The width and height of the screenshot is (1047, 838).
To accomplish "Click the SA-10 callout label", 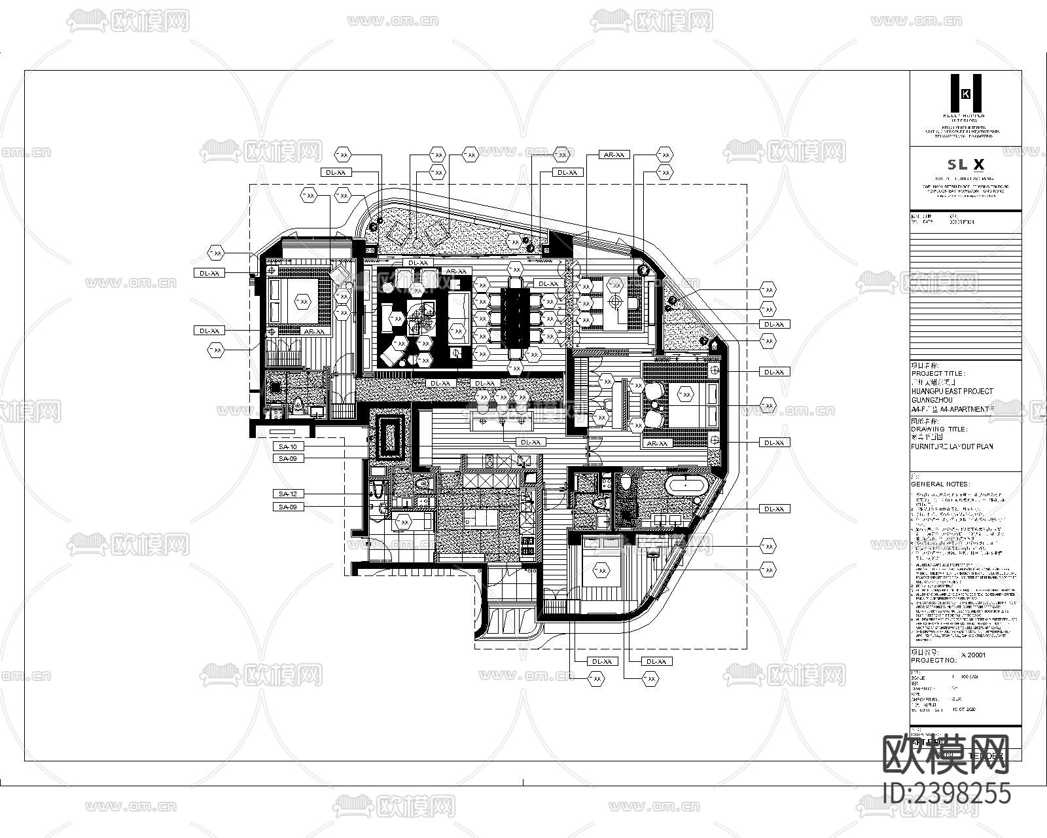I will tap(288, 446).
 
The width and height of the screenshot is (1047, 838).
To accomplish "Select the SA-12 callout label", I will tap(288, 494).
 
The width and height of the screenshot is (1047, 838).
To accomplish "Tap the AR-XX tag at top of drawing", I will tap(615, 155).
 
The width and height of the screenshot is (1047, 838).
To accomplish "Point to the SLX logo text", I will tap(966, 165).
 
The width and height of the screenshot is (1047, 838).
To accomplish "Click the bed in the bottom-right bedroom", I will tap(600, 571).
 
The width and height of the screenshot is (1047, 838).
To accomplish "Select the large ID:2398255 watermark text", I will tap(947, 793).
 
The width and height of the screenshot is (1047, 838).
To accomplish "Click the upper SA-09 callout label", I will tap(288, 459).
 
